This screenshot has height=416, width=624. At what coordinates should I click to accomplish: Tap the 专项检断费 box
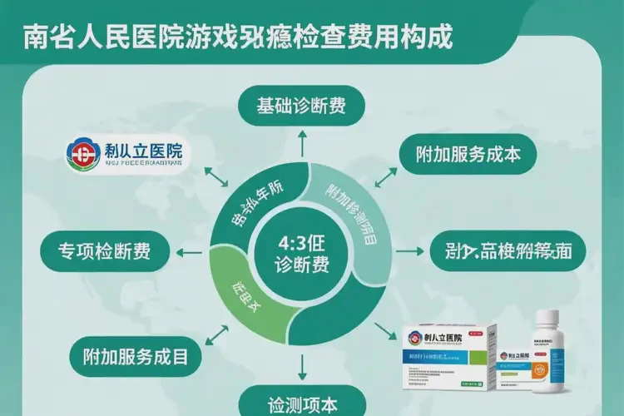click(105, 251)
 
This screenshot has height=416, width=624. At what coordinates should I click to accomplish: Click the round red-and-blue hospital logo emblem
click(82, 156)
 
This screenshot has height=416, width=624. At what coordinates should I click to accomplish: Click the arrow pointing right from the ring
click(407, 250)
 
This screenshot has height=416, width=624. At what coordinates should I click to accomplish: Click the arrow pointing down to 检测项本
click(303, 364)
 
